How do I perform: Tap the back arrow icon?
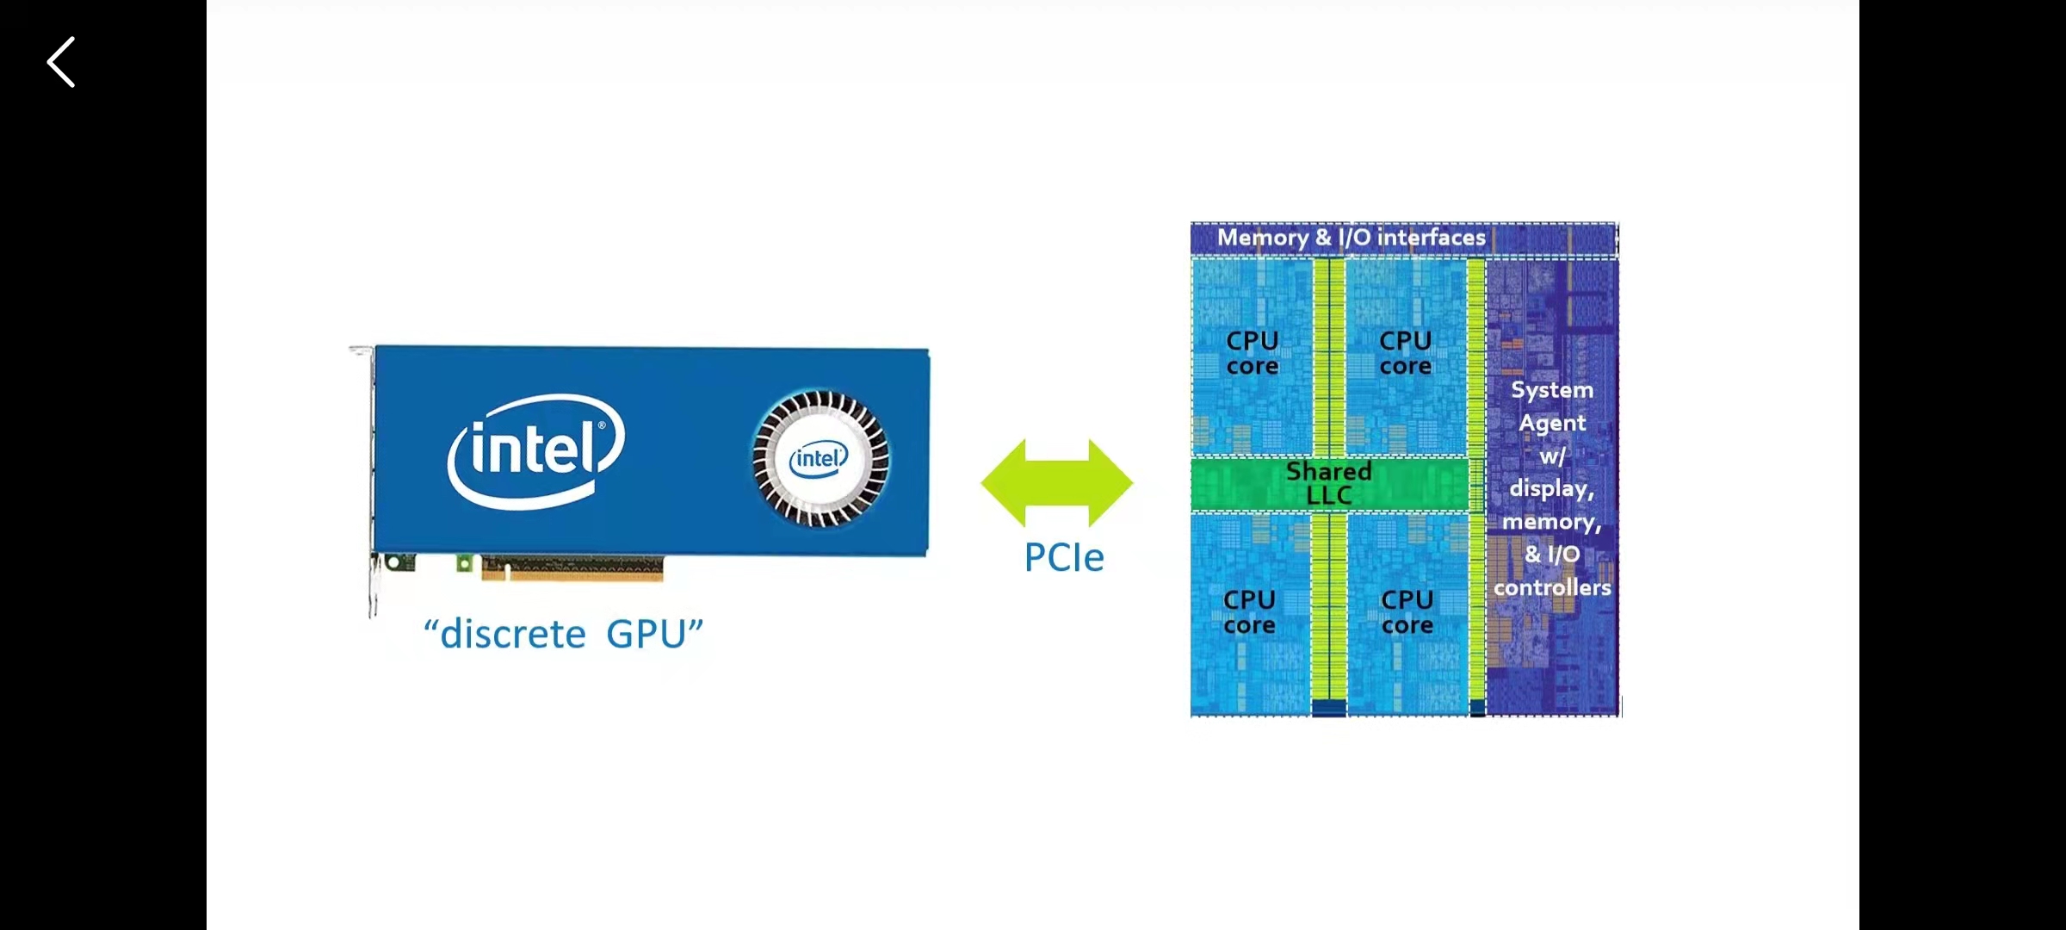(x=61, y=62)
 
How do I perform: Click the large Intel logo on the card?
(x=535, y=450)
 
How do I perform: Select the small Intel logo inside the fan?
(x=819, y=458)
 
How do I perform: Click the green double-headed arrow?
(x=1057, y=482)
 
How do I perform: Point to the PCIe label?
(x=1064, y=558)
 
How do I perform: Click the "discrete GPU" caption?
(x=563, y=635)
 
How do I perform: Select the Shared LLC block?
(x=1328, y=484)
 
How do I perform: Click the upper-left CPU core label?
(x=1253, y=353)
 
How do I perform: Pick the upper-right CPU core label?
(x=1406, y=353)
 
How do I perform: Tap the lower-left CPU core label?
(x=1250, y=612)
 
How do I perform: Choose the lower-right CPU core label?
(x=1407, y=612)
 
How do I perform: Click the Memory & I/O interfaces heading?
(x=1351, y=238)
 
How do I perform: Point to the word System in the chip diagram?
(x=1552, y=390)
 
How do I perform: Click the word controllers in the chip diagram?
(x=1552, y=588)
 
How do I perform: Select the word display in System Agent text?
(x=1551, y=489)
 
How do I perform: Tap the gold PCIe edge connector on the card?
(x=572, y=568)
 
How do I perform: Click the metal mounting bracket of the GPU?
(x=371, y=482)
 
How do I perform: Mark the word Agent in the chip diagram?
(x=1552, y=424)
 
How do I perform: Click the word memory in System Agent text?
(x=1551, y=523)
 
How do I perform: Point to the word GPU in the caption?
(x=646, y=635)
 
